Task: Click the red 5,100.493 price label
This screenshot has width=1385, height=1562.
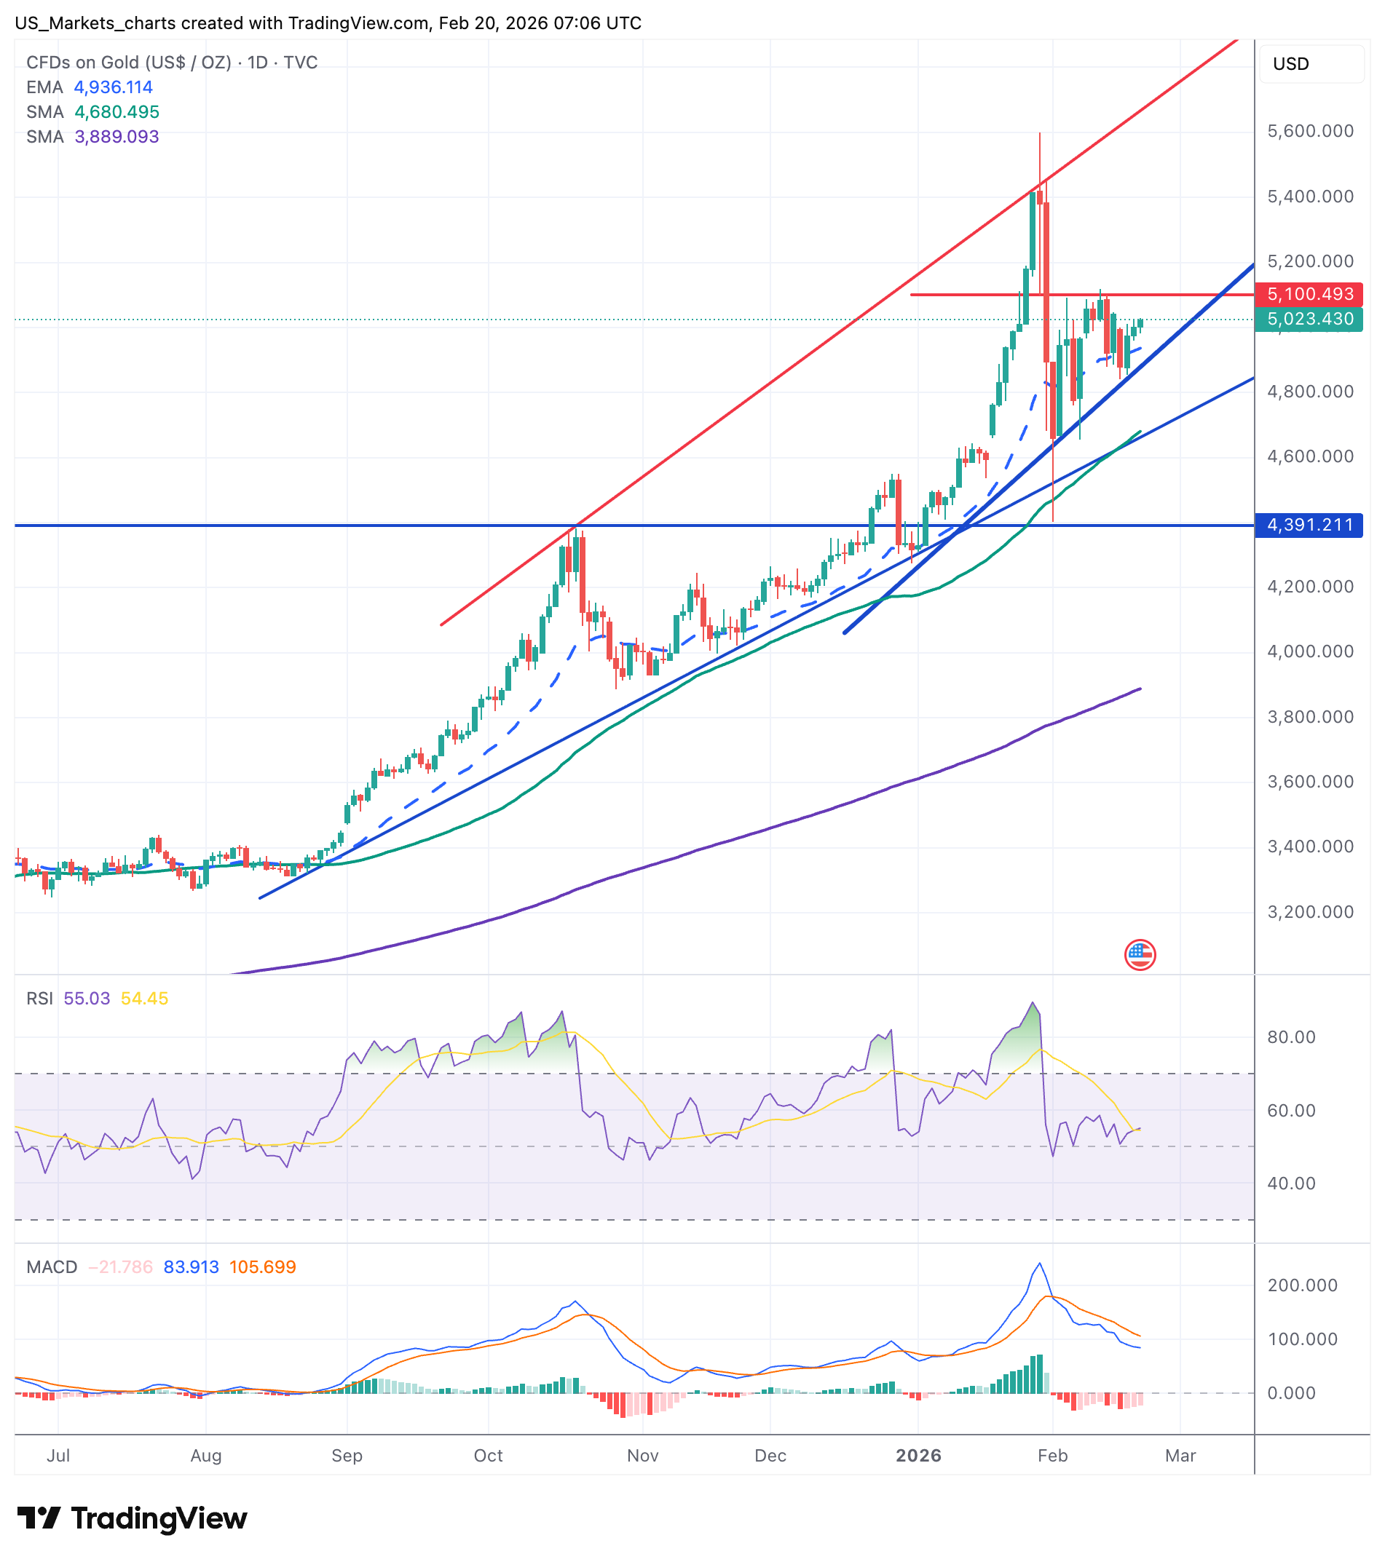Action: (x=1309, y=294)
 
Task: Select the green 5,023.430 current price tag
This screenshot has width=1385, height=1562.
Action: (x=1309, y=319)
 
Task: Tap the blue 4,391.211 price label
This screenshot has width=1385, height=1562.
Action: (x=1309, y=525)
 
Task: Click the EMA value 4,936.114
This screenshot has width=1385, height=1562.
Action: (x=113, y=87)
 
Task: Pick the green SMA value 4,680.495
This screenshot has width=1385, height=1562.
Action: (x=117, y=111)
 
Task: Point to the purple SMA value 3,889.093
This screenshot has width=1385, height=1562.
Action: (x=117, y=137)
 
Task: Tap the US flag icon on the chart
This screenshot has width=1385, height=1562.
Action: (x=1140, y=954)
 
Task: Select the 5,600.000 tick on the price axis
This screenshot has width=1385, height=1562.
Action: (x=1310, y=132)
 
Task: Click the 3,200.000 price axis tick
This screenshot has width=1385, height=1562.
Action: (x=1310, y=912)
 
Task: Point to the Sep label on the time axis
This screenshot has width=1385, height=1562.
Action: (x=347, y=1455)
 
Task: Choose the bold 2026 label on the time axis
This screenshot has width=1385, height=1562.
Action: (x=918, y=1455)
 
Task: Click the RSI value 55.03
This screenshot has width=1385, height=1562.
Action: (x=87, y=998)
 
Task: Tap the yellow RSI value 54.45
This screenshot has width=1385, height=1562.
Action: (x=144, y=998)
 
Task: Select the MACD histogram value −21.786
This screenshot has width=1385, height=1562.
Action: (x=120, y=1266)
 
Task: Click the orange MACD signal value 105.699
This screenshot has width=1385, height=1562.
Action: (x=262, y=1266)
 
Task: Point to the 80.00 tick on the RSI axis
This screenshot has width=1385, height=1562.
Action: (x=1291, y=1037)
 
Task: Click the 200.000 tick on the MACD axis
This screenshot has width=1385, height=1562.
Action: (x=1303, y=1285)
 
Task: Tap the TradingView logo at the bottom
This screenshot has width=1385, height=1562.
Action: (x=133, y=1518)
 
